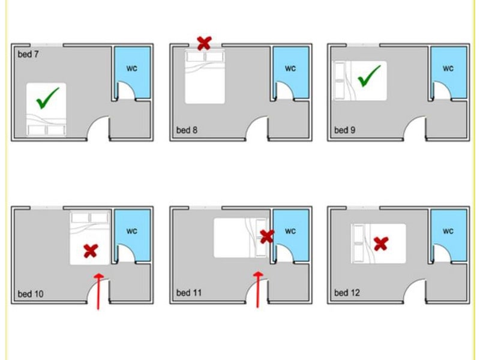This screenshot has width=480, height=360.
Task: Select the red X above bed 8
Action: click(204, 43)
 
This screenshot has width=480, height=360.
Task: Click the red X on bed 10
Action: click(91, 251)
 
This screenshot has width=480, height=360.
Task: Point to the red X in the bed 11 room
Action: click(267, 236)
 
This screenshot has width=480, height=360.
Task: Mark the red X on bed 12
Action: click(381, 244)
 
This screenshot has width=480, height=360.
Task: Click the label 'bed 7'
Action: click(28, 55)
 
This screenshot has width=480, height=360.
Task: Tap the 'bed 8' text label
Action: click(187, 130)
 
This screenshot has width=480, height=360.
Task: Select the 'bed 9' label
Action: click(344, 130)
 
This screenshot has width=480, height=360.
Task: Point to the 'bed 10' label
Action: click(31, 294)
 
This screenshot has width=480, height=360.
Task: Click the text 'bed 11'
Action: click(189, 293)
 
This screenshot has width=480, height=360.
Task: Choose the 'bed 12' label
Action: click(347, 293)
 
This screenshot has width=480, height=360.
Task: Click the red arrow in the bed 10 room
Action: click(98, 292)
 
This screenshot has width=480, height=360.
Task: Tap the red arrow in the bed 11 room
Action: click(258, 290)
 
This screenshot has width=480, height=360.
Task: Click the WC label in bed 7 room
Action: click(132, 68)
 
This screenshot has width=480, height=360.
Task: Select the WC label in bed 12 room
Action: click(448, 231)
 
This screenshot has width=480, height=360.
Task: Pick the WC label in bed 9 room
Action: click(448, 68)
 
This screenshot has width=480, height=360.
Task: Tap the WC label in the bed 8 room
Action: click(290, 68)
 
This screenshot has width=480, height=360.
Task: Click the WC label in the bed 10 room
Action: click(132, 231)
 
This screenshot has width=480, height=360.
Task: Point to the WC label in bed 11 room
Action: click(290, 231)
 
